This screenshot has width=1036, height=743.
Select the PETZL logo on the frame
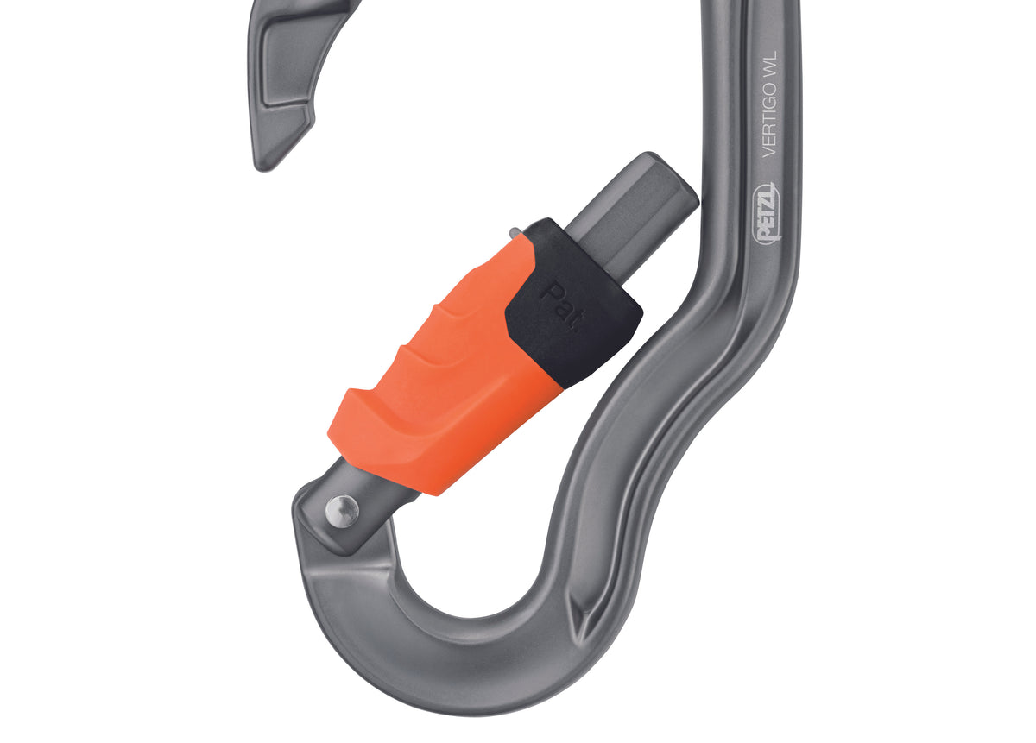(x=767, y=212)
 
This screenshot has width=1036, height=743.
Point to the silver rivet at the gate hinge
(x=342, y=511)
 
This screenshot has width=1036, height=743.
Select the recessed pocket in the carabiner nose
(x=287, y=65)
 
